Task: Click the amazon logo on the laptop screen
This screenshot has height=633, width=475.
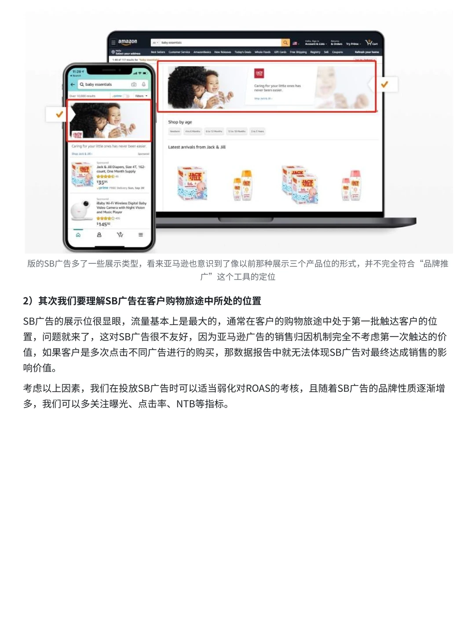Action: coord(128,42)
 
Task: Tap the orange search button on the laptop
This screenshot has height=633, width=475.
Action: coord(285,43)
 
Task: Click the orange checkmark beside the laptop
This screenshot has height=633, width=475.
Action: coord(384,84)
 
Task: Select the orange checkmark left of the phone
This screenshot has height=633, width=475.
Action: coord(59,114)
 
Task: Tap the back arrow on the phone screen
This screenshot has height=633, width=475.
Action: coord(73,84)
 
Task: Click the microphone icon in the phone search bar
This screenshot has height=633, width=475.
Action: coord(143,84)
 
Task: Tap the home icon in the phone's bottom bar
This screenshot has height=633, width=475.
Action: coord(78,235)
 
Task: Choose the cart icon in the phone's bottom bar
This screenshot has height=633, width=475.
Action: coord(120,235)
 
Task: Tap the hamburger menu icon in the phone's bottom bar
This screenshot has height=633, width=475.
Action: coord(141,235)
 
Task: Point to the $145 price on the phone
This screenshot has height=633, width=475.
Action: coord(103,224)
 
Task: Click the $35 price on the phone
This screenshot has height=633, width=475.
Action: coord(102,182)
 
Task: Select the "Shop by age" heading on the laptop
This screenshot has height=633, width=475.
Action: coord(180,122)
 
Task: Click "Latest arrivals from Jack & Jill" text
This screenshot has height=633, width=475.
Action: coord(197,147)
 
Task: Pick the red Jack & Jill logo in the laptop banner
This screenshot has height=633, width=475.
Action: coord(259,73)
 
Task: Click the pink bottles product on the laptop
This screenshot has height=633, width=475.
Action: coord(351,185)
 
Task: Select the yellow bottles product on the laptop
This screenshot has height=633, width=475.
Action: coord(242,185)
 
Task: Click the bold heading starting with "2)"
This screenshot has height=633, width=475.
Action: coord(142,301)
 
